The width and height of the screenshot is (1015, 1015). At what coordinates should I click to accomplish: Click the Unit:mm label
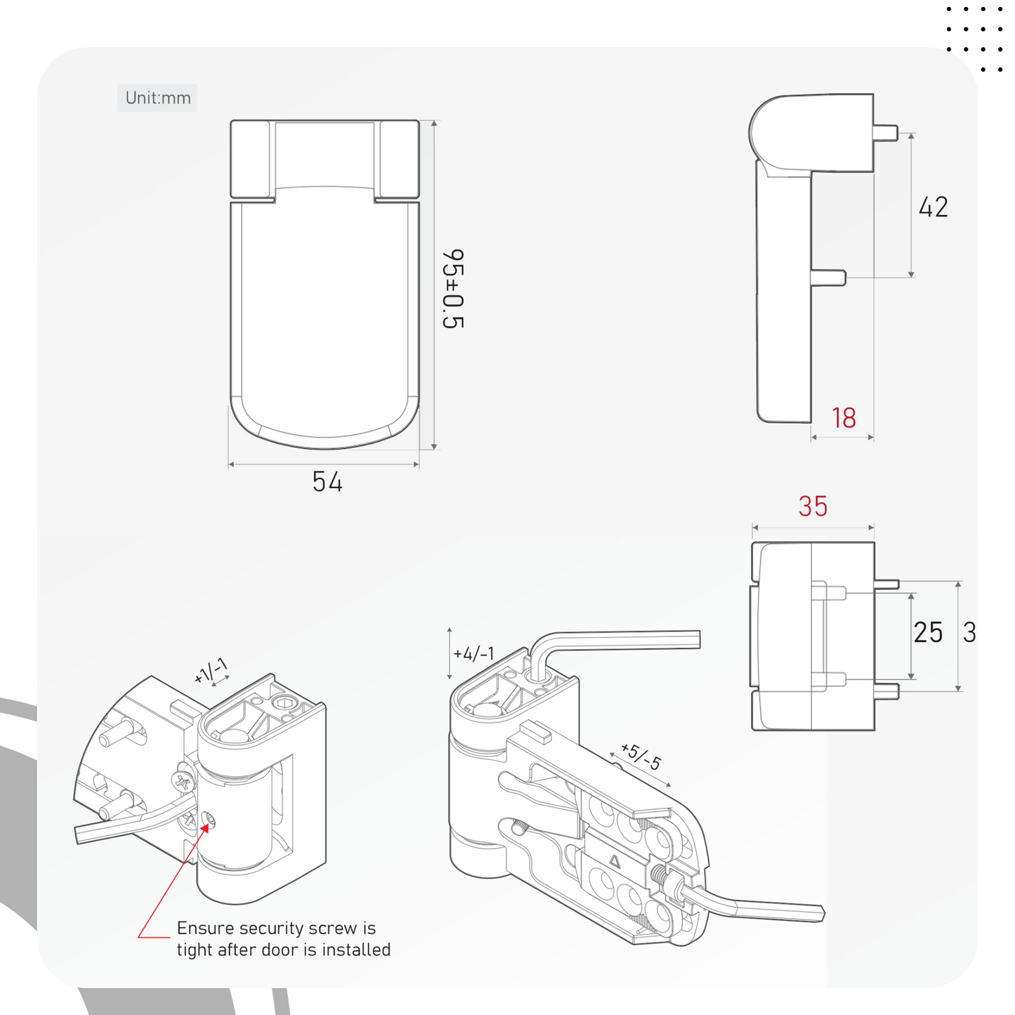pyautogui.click(x=157, y=98)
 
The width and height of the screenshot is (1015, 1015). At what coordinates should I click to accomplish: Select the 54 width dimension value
pyautogui.click(x=327, y=481)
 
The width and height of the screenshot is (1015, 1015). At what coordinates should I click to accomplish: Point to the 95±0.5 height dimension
pyautogui.click(x=453, y=289)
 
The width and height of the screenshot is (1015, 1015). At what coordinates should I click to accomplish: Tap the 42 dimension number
pyautogui.click(x=933, y=207)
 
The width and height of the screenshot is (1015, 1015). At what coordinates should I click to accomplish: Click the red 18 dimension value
pyautogui.click(x=844, y=418)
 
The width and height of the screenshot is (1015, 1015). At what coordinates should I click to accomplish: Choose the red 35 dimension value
pyautogui.click(x=813, y=506)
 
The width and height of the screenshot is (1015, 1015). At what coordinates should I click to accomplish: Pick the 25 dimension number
pyautogui.click(x=928, y=632)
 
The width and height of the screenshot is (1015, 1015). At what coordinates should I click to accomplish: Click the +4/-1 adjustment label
pyautogui.click(x=473, y=654)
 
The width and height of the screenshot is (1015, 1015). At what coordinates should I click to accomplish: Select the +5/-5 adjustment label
pyautogui.click(x=641, y=757)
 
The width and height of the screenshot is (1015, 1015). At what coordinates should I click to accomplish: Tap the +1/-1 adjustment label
pyautogui.click(x=211, y=671)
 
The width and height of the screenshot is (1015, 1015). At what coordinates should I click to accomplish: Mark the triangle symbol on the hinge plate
pyautogui.click(x=614, y=861)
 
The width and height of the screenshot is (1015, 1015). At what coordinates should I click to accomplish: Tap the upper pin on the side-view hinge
pyautogui.click(x=886, y=132)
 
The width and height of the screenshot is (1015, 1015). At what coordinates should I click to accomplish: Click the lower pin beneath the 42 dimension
pyautogui.click(x=828, y=277)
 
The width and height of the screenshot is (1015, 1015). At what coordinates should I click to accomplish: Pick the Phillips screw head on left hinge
pyautogui.click(x=183, y=780)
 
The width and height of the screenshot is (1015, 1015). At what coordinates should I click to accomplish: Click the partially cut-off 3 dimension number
pyautogui.click(x=969, y=632)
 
